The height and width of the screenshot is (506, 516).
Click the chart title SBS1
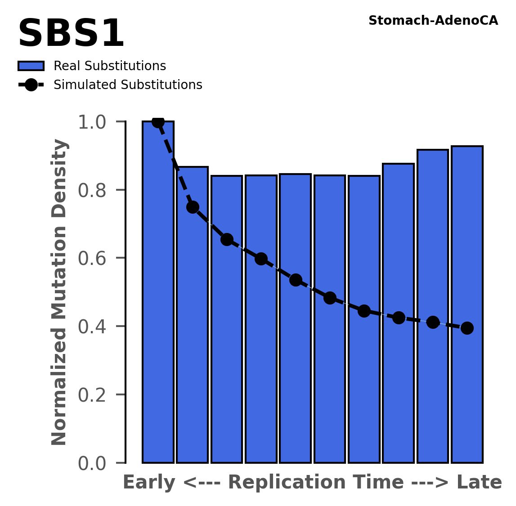point(71,34)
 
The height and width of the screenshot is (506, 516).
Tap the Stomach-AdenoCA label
point(433,21)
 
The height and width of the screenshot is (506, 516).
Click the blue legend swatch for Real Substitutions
point(31,66)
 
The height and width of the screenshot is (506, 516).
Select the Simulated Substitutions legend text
point(128,85)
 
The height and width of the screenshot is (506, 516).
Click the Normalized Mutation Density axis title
point(59,292)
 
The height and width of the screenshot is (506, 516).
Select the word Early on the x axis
point(149,483)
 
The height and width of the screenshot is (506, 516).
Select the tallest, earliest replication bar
point(158,292)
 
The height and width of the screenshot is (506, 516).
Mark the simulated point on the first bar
point(158,121)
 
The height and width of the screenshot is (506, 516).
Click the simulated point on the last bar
point(467,328)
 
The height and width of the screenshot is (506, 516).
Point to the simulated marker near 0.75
point(193,207)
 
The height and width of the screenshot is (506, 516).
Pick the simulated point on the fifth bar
point(296,280)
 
